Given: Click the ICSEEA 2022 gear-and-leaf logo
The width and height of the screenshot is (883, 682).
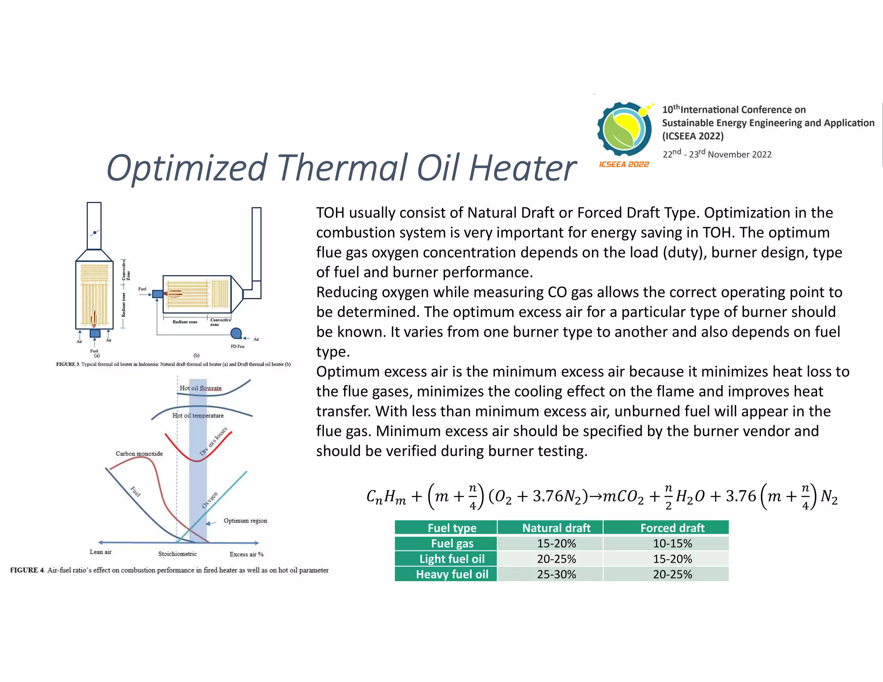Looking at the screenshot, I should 624,129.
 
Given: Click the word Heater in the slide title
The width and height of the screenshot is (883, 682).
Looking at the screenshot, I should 522,168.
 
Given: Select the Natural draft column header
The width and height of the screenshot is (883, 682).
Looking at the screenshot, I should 556,528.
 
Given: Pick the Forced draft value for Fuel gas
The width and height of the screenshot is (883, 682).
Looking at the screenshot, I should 672,543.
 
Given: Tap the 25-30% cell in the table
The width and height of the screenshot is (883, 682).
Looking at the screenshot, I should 556,574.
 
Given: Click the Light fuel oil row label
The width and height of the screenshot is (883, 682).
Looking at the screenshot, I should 452,559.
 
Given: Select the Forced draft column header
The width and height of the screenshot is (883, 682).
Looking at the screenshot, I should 672,528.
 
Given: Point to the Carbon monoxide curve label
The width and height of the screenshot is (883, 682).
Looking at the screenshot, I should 139,454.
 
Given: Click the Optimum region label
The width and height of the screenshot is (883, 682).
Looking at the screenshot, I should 245,521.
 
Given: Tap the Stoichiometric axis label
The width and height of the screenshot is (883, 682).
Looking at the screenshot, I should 177,554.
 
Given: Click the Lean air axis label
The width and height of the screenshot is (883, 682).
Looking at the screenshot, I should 100,552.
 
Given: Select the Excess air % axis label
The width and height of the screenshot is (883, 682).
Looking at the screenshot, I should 246,554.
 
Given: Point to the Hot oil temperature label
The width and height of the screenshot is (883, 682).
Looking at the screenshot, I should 198,416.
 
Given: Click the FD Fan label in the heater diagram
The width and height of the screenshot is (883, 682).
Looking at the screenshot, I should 237,346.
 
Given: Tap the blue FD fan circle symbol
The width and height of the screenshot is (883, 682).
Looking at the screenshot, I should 236,333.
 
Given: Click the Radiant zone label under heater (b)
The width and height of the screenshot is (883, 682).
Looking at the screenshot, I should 185,322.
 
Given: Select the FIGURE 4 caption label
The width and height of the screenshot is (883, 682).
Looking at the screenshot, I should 27,570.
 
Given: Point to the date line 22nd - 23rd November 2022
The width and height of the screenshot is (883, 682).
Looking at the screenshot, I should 717,154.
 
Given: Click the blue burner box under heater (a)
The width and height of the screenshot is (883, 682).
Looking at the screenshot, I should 95,333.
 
